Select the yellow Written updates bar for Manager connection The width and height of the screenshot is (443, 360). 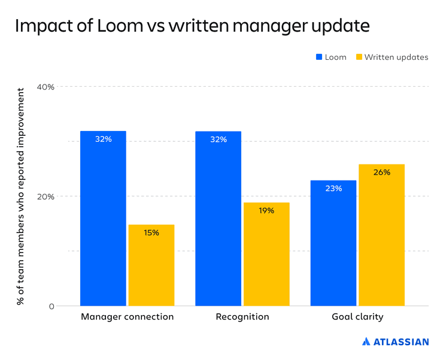pyautogui.click(x=151, y=266)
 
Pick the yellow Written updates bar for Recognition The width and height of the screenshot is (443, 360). pyautogui.click(x=266, y=254)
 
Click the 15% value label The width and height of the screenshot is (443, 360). pyautogui.click(x=151, y=233)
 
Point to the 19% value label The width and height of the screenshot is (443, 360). pyautogui.click(x=266, y=210)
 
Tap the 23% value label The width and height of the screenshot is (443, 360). pyautogui.click(x=333, y=188)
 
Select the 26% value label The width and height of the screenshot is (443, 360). pyautogui.click(x=382, y=172)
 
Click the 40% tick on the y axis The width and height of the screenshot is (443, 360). pyautogui.click(x=45, y=87)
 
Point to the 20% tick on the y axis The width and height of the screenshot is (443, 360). pyautogui.click(x=45, y=197)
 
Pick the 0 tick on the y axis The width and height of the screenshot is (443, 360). pyautogui.click(x=51, y=307)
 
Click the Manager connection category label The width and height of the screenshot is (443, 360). pyautogui.click(x=127, y=317)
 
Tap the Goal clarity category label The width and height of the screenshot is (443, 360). pyautogui.click(x=357, y=317)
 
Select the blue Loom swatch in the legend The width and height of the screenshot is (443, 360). pyautogui.click(x=319, y=57)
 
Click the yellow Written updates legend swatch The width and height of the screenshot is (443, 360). pyautogui.click(x=359, y=57)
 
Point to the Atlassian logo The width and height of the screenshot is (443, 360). pyautogui.click(x=396, y=342)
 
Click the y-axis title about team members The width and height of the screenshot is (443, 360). pyautogui.click(x=21, y=196)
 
